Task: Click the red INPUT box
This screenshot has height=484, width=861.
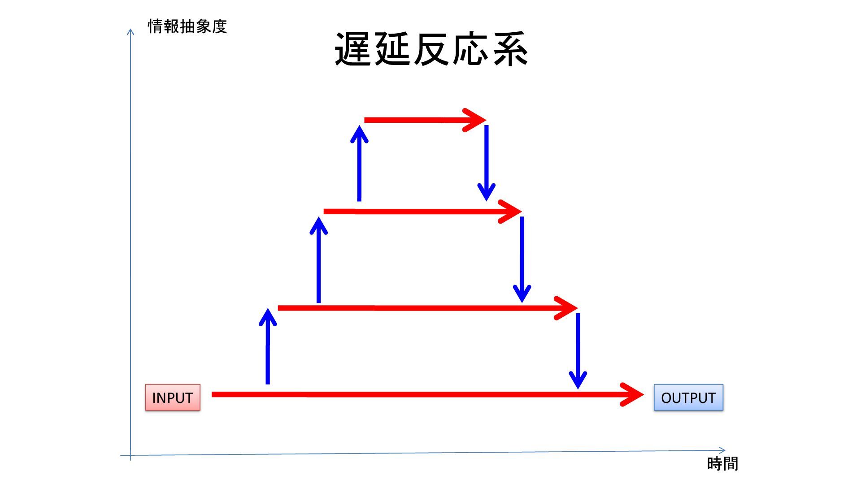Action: [173, 398]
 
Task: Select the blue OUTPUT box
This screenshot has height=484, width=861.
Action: [688, 398]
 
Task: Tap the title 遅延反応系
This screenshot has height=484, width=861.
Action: [431, 49]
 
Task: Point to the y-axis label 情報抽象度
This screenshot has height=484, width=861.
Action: [187, 26]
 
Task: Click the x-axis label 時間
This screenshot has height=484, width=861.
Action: [722, 463]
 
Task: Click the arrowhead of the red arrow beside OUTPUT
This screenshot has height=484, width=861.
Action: [635, 394]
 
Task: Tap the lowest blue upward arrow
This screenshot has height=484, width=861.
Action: [268, 347]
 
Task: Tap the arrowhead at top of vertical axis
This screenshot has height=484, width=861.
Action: [130, 31]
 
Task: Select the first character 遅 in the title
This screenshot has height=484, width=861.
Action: [352, 49]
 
